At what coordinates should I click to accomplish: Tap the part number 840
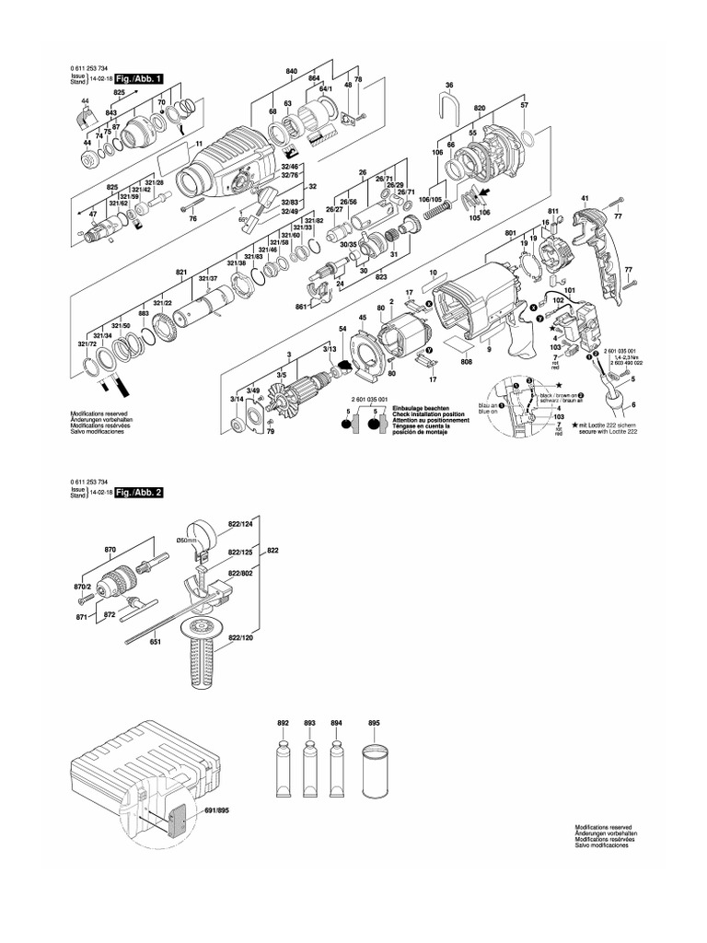tap(292, 72)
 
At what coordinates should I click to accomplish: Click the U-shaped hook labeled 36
tap(449, 109)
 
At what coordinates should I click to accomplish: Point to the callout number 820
tap(480, 107)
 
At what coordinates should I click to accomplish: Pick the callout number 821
tap(181, 273)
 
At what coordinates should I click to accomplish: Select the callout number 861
tap(300, 306)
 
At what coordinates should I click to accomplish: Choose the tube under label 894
tap(337, 765)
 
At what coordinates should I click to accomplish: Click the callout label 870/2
tap(83, 587)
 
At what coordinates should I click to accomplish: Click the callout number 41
tap(584, 199)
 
